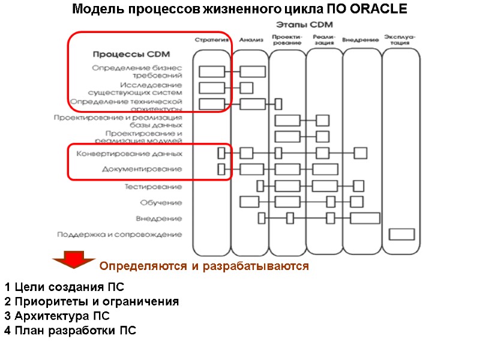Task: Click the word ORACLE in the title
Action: click(378, 10)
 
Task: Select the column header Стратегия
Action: click(211, 40)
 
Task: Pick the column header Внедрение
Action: click(360, 40)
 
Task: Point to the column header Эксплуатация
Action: click(401, 40)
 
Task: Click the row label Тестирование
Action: click(153, 187)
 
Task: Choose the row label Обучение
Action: click(161, 202)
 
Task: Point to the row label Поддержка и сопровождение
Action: click(119, 234)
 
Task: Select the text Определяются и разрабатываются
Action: click(204, 266)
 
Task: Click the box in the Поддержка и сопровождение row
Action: click(401, 234)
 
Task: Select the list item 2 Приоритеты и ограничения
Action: click(91, 301)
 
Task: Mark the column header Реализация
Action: click(324, 40)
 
